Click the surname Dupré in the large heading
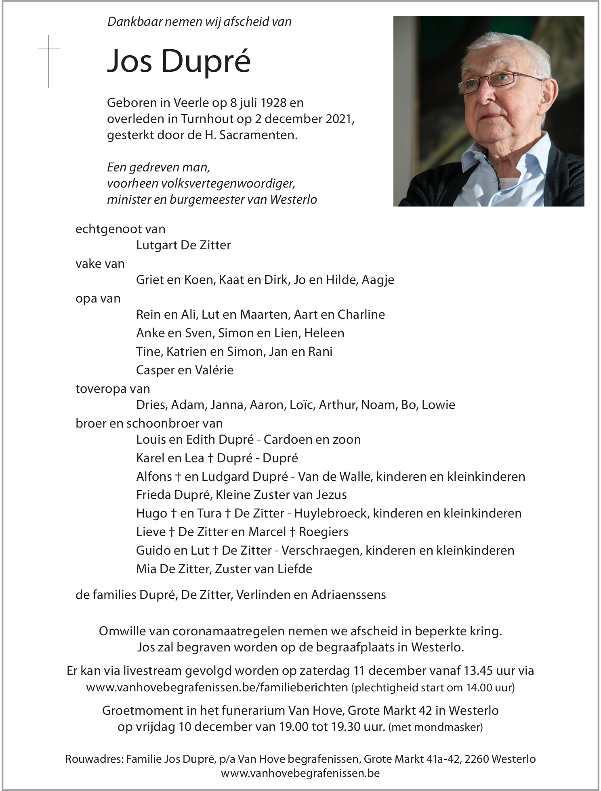(206, 62)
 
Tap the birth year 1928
(274, 103)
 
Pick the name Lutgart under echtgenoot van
(155, 245)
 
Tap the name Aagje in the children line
(378, 280)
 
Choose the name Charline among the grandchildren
(361, 315)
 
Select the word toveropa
(101, 389)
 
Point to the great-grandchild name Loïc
(301, 405)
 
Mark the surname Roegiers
(324, 532)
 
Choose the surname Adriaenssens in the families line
(349, 595)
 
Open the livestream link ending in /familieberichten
(217, 687)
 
